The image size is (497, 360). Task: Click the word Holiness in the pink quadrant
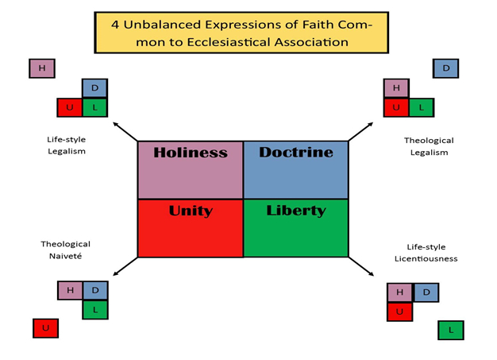point(191,153)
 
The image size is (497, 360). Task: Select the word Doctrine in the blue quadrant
point(296,153)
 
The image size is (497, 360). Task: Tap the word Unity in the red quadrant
point(191,211)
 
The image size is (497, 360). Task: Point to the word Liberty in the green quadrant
point(296,211)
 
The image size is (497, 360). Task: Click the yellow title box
point(241,33)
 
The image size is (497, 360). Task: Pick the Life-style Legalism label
point(66,145)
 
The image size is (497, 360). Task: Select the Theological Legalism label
point(429,146)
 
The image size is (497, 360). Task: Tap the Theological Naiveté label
point(66,250)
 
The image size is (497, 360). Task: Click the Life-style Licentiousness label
point(426,253)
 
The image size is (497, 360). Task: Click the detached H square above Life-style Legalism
point(42,68)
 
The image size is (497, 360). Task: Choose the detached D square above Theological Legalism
point(445,68)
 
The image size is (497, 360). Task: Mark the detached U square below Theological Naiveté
point(45,328)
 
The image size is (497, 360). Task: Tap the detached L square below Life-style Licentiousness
point(451,330)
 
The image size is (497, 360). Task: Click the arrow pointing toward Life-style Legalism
point(125,132)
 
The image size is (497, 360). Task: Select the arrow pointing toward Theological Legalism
point(360,132)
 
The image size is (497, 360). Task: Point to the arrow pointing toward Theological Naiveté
point(125,266)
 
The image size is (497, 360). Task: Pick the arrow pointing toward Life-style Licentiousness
point(361,266)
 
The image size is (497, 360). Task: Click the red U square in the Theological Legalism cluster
point(396,107)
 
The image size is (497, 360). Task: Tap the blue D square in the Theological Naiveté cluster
point(95,290)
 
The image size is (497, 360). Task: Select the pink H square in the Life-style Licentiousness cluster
point(399,292)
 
